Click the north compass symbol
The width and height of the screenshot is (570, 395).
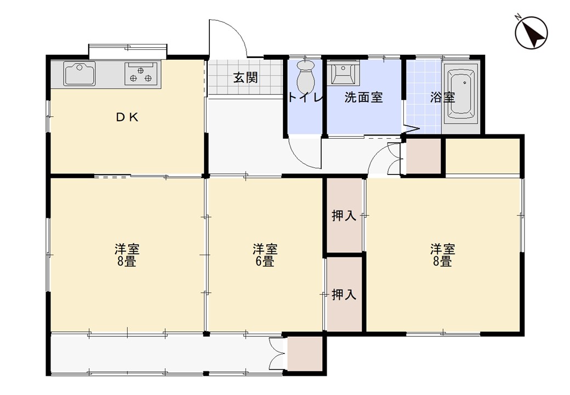531,33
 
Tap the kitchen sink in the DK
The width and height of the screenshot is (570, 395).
79,74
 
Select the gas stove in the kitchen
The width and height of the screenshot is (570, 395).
141,74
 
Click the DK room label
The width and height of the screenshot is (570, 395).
127,117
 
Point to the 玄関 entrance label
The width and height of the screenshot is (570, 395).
246,77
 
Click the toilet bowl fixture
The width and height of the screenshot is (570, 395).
305,76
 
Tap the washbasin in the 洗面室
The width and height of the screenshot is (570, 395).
343,73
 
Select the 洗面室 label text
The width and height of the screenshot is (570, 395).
363,98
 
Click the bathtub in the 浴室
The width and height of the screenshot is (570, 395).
461,93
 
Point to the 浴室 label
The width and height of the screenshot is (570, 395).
442,98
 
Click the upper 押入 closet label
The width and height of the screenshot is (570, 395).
344,216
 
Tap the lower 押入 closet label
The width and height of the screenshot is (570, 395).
344,294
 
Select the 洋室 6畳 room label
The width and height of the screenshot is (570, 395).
265,255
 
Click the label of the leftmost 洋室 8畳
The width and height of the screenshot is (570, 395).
127,255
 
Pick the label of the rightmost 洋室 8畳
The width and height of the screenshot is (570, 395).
442,255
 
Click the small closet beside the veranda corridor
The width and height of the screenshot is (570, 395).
305,354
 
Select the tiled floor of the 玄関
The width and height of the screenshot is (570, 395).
245,77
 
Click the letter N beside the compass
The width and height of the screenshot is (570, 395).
518,17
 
